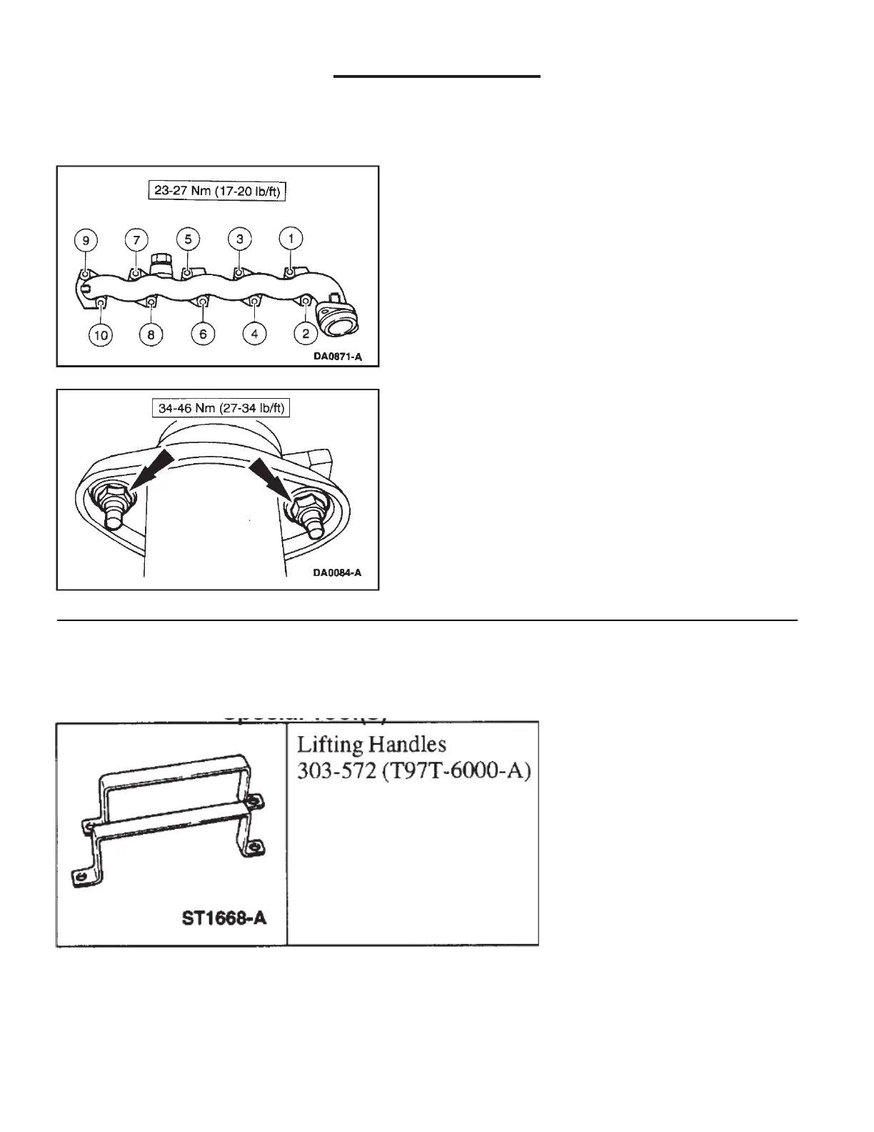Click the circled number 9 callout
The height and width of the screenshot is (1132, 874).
point(86,240)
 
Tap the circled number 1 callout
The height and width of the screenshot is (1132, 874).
point(291,239)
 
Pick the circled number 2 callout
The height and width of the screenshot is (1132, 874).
point(306,334)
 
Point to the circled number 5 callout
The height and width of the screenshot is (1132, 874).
point(188,239)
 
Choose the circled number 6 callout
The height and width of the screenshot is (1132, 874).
point(203,334)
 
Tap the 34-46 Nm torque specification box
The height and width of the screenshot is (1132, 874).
point(217,409)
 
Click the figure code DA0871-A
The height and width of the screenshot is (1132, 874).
point(337,355)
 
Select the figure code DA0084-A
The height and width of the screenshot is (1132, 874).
point(337,572)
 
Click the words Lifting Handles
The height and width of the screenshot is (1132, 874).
point(371,745)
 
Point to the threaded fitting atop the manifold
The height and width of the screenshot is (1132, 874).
point(161,264)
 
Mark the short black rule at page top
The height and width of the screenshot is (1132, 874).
point(437,76)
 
